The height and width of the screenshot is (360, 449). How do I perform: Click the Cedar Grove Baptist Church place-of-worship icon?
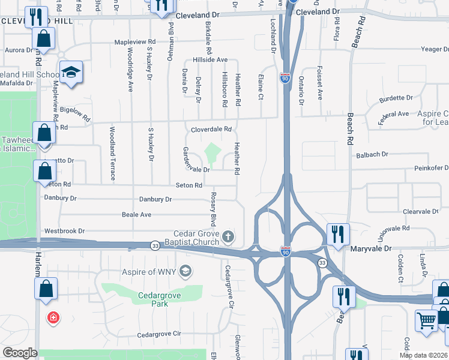click(x=228, y=237)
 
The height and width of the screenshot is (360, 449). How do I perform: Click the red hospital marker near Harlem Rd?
click(x=54, y=317)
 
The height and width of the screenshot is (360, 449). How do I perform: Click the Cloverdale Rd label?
click(x=211, y=129)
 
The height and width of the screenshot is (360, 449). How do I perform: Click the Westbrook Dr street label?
click(x=64, y=230)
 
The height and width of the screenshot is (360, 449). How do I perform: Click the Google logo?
click(x=20, y=352)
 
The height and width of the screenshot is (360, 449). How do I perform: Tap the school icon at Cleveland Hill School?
click(x=71, y=73)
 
